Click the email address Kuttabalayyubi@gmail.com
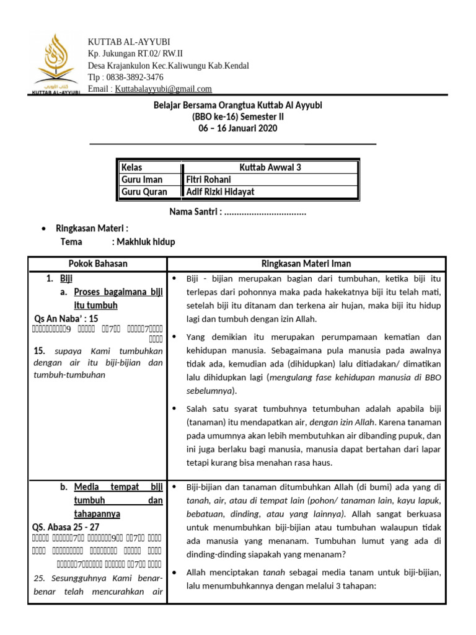click(163, 89)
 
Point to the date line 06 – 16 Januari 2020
click(237, 128)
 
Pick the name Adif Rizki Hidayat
click(220, 192)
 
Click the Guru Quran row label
click(144, 192)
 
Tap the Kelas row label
click(131, 167)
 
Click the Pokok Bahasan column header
click(98, 264)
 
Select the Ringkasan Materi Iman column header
click(306, 264)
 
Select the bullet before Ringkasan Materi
click(42, 229)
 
